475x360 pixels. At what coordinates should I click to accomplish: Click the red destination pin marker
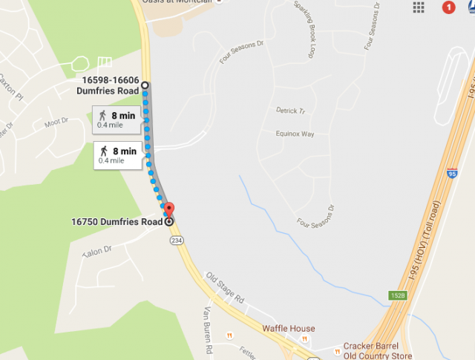click(x=168, y=209)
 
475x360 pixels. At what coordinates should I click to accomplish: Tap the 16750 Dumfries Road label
click(x=117, y=221)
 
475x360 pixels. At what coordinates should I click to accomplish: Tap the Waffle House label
click(x=288, y=329)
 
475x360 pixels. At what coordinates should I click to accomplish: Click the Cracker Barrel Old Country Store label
click(x=371, y=350)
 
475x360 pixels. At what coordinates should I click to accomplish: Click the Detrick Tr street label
click(x=291, y=111)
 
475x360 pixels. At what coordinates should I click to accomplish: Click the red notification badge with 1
click(x=448, y=7)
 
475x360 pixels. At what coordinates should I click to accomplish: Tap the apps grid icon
click(x=419, y=7)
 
